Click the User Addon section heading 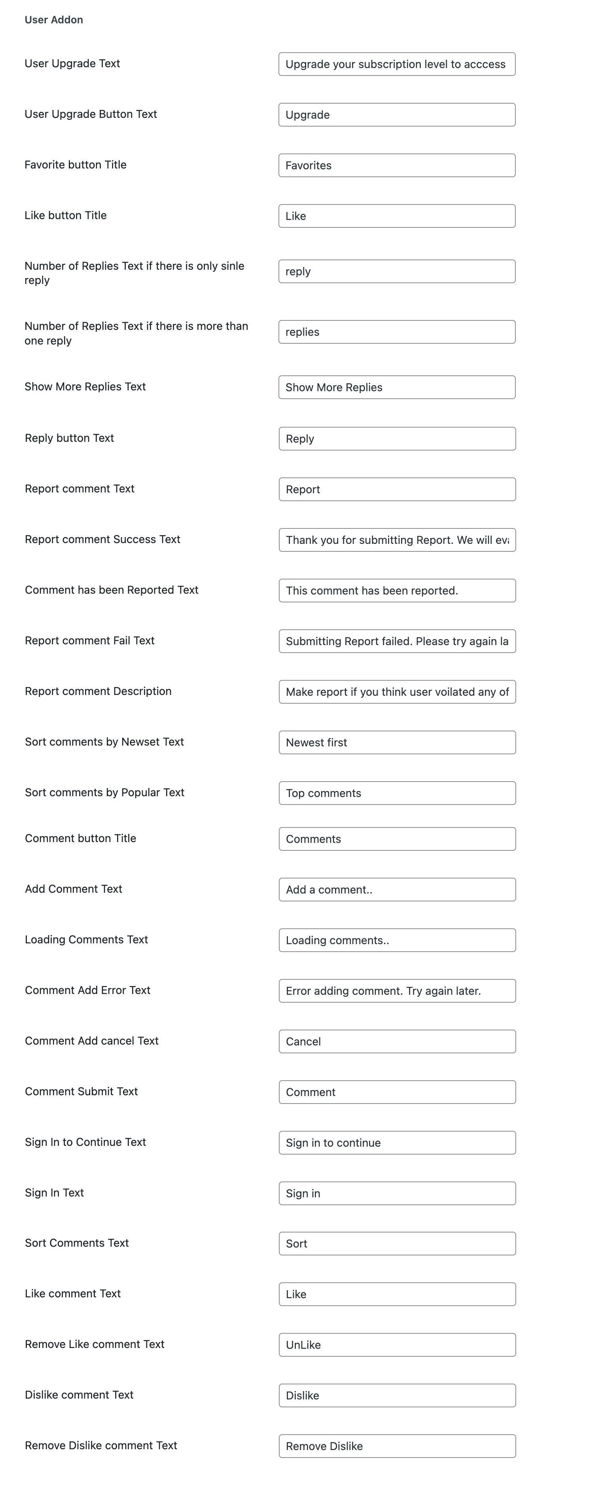point(54,20)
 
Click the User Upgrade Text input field point(397,64)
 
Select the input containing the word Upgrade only point(397,115)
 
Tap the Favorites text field point(397,165)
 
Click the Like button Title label point(65,215)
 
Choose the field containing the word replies point(397,332)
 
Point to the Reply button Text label point(69,438)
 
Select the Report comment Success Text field point(397,540)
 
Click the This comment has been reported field point(397,591)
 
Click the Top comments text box point(397,793)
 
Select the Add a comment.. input point(397,890)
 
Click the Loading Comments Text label point(86,939)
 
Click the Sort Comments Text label point(77,1243)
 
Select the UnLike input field point(397,1345)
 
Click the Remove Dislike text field point(397,1446)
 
